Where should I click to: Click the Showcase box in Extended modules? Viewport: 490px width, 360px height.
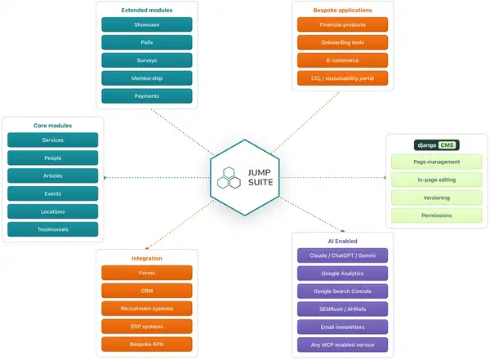tap(146, 24)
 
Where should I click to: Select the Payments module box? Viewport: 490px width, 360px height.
tap(146, 96)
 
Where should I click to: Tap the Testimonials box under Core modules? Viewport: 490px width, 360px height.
tap(52, 229)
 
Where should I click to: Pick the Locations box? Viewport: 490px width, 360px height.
tap(52, 211)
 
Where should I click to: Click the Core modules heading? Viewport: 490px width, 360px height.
tap(53, 126)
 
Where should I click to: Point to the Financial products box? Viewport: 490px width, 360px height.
tap(342, 24)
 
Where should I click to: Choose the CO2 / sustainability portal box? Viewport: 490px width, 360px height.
tap(342, 78)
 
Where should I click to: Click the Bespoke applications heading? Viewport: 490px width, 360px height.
tap(342, 11)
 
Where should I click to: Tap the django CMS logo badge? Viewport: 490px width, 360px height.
tap(437, 145)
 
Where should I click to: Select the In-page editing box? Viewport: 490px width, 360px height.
tap(437, 180)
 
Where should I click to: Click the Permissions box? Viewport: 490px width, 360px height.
tap(437, 216)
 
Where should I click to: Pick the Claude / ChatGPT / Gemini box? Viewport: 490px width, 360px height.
tap(342, 256)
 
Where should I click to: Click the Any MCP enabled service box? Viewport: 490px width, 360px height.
tap(342, 344)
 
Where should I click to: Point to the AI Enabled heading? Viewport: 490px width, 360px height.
tap(342, 242)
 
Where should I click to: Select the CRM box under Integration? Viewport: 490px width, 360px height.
tap(146, 291)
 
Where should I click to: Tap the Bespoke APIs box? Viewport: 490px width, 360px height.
tap(146, 344)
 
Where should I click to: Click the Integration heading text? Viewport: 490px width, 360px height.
tap(147, 259)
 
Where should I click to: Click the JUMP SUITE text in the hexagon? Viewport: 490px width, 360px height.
tap(261, 177)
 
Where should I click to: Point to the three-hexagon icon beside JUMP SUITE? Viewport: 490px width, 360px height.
tap(229, 177)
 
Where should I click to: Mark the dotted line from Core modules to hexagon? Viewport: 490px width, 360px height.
tap(157, 177)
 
